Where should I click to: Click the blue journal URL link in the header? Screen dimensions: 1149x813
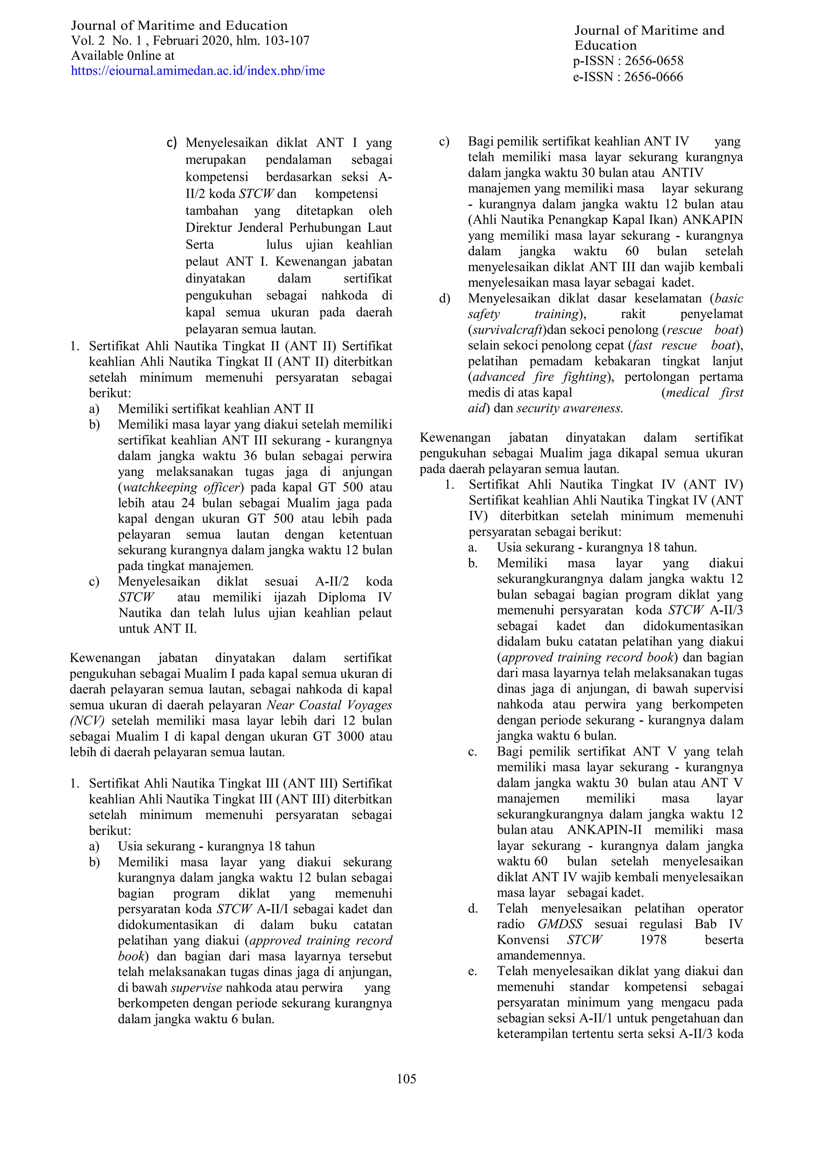pos(198,70)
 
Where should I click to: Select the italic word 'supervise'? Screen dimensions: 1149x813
pos(196,988)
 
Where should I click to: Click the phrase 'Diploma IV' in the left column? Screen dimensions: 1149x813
pos(355,598)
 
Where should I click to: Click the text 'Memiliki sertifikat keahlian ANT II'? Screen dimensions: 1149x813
pos(216,409)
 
